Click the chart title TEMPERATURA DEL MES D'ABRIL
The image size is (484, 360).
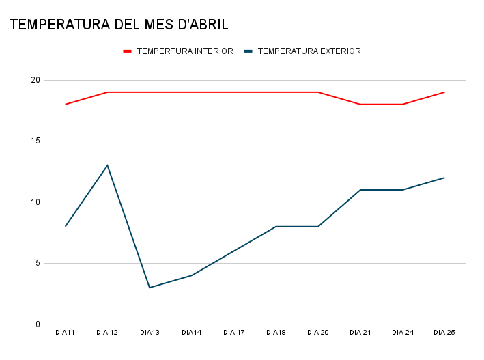pos(119,25)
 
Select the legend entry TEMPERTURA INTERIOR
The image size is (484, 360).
pos(184,51)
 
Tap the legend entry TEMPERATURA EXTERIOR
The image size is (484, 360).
pos(309,51)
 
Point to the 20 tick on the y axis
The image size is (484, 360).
pos(35,80)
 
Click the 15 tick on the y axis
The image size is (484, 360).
pos(35,141)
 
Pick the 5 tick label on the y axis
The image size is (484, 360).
pos(38,263)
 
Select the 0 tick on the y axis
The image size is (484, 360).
pos(38,324)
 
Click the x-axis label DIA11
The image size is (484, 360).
pos(66,333)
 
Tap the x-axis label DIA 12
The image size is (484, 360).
pos(107,333)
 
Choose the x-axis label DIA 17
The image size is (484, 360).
pos(233,333)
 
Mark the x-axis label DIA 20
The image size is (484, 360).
pos(318,333)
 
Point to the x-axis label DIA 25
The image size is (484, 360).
pos(444,333)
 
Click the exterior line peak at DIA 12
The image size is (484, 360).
pos(107,165)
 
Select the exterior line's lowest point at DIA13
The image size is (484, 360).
pos(150,288)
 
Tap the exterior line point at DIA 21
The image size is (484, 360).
pos(360,190)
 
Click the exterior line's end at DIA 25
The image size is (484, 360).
pos(444,178)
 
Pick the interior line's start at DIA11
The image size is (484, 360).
pos(66,105)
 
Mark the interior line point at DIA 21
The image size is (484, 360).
pos(360,105)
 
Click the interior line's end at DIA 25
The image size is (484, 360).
pos(444,92)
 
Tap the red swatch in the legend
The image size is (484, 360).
pos(127,51)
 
